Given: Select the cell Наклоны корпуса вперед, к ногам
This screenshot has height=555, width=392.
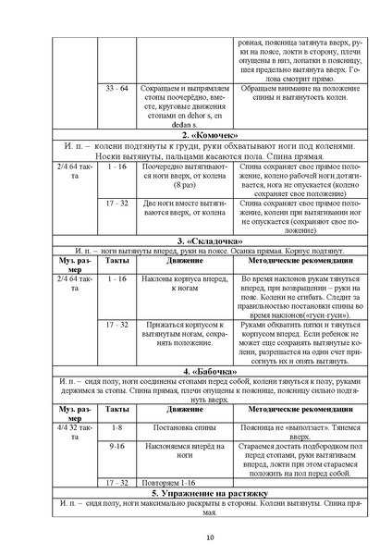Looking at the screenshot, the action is pyautogui.click(x=181, y=282).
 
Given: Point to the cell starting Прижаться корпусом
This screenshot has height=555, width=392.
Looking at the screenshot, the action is pyautogui.click(x=181, y=336).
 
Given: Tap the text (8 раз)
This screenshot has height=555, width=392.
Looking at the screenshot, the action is pyautogui.click(x=181, y=186).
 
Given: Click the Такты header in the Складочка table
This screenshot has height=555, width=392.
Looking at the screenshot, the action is pyautogui.click(x=116, y=262).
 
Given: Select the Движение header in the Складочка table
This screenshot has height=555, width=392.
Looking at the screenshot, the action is pyautogui.click(x=181, y=262).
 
